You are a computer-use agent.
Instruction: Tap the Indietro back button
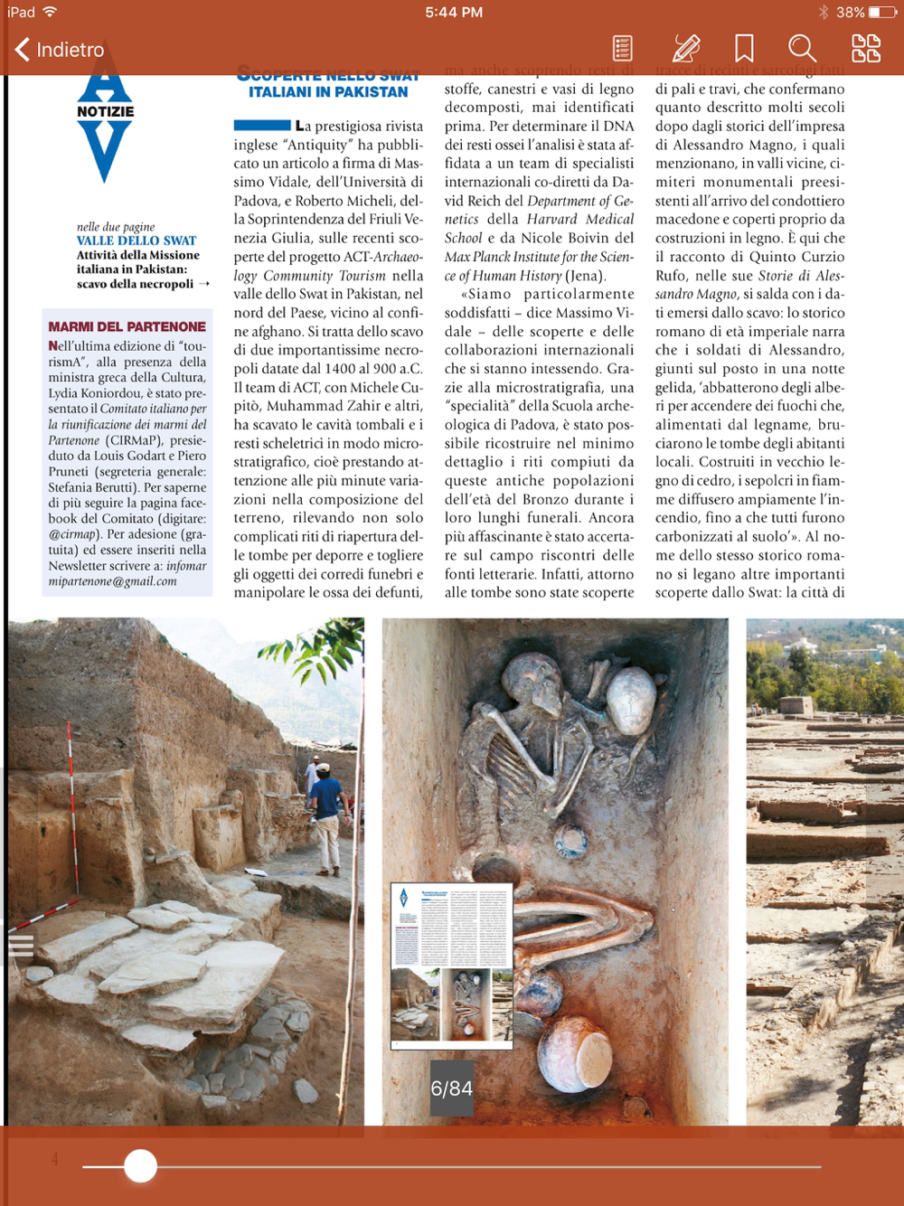coord(60,50)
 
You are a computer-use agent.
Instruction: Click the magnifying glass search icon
coord(802,48)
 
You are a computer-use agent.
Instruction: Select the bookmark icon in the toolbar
coord(744,48)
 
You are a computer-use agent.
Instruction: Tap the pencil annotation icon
coord(685,48)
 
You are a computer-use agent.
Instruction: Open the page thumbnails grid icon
coord(865,48)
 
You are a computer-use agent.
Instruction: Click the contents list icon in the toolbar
coord(622,48)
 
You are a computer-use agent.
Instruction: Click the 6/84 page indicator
coord(451,1088)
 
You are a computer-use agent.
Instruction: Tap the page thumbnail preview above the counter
coord(451,966)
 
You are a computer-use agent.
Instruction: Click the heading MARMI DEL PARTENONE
coord(127,326)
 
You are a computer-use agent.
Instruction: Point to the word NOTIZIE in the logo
coord(105,112)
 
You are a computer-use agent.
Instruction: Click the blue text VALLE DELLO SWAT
coord(137,240)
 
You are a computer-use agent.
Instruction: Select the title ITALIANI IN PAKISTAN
coord(328,92)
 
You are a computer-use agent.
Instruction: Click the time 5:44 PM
coord(454,13)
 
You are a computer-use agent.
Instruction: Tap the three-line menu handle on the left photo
coord(21,946)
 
